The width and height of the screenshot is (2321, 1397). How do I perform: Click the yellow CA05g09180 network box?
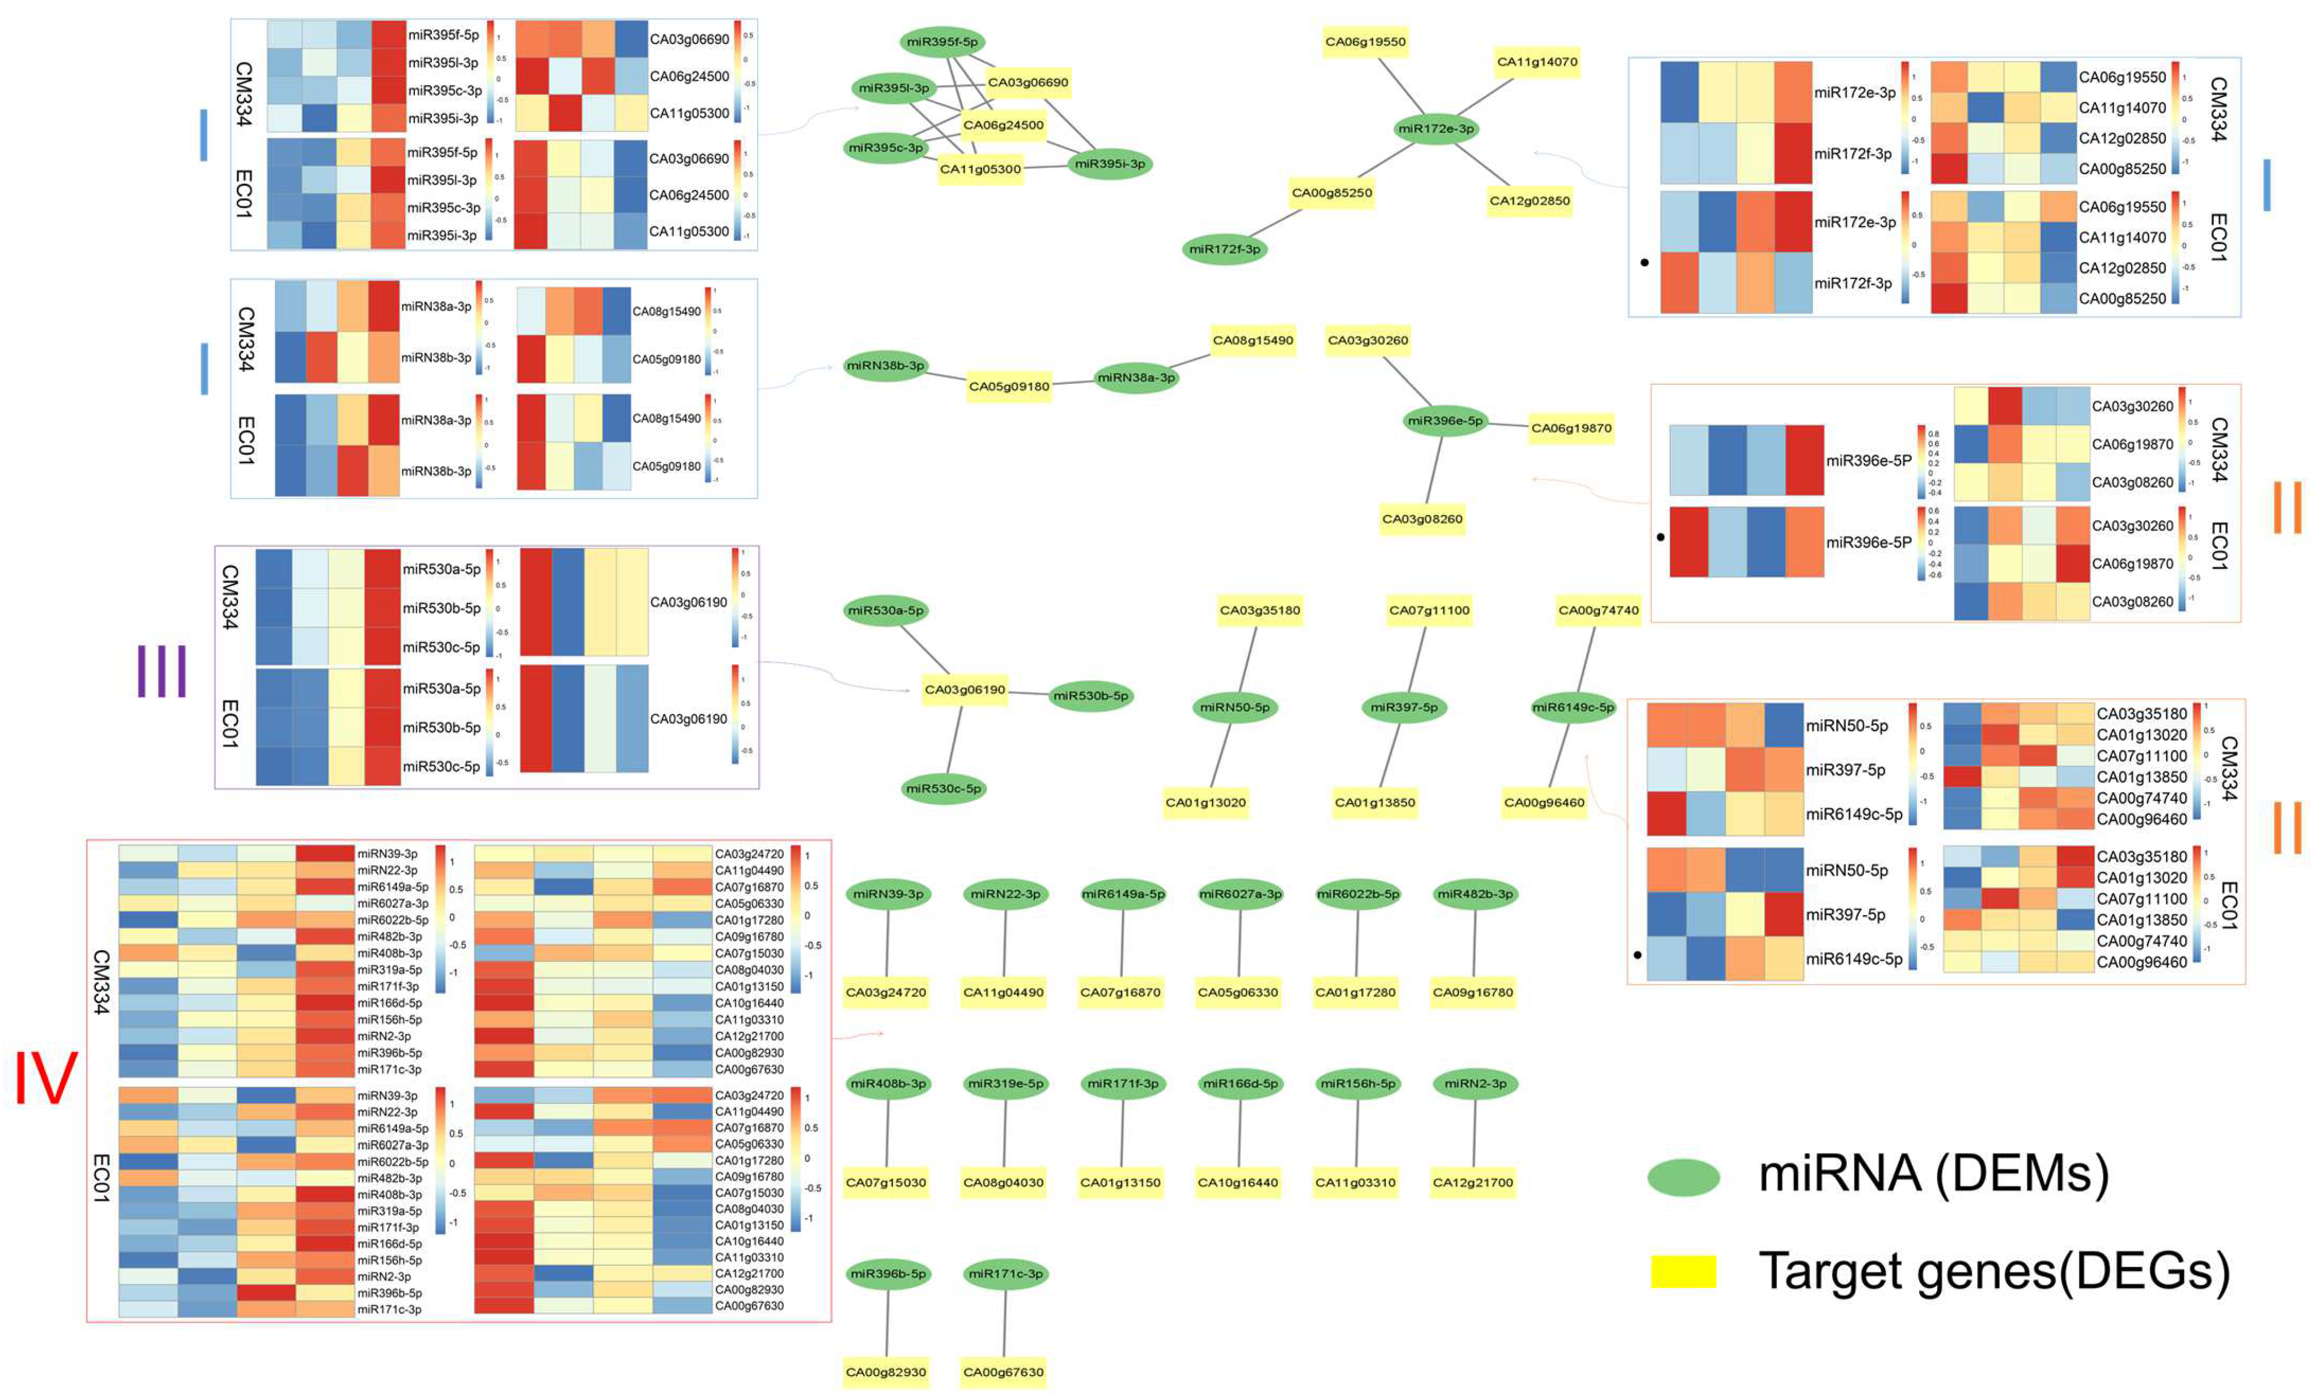point(1009,386)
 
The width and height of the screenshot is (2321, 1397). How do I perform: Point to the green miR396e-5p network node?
point(1444,421)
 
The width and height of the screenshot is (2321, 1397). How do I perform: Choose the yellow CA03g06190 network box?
point(964,690)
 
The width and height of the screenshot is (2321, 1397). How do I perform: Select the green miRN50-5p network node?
point(1235,707)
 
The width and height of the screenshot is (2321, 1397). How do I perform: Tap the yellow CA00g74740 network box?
point(1598,610)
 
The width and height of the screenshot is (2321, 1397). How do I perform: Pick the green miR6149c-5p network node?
point(1572,707)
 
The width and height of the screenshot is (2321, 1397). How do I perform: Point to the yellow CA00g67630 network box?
point(1003,1372)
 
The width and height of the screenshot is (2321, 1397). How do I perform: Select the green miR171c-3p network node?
point(1006,1274)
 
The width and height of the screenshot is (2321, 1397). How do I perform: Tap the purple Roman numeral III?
point(162,671)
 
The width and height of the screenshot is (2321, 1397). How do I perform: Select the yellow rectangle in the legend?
point(1683,1271)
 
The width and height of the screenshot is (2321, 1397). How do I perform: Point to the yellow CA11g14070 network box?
point(1537,62)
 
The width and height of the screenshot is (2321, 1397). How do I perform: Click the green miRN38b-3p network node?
point(885,365)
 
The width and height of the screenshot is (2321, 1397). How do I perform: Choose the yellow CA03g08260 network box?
point(1422,518)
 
